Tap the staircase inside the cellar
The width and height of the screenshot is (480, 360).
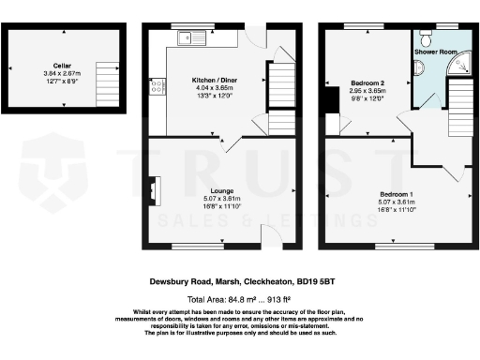coord(110,70)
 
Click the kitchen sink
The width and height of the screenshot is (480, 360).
coord(194,38)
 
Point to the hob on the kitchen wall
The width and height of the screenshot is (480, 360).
coord(154,87)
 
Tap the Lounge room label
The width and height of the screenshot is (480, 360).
coord(223,191)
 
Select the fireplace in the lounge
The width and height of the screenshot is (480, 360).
coord(154,190)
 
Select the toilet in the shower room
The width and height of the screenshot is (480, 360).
coord(427,40)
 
